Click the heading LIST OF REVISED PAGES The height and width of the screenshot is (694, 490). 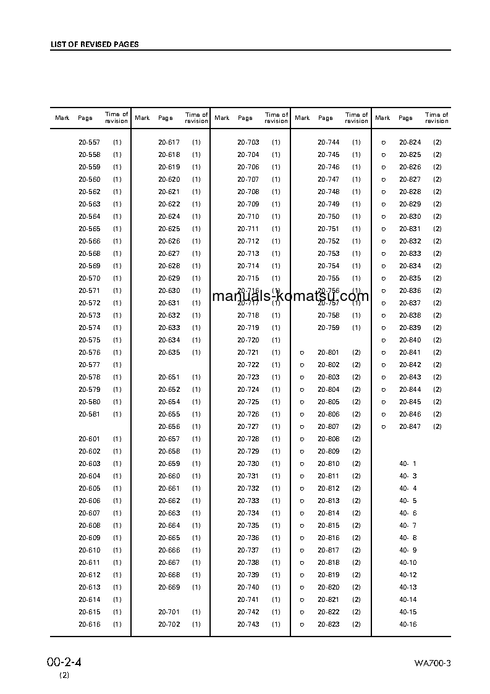point(95,44)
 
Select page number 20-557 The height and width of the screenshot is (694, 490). point(89,142)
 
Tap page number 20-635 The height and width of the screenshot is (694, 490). point(169,352)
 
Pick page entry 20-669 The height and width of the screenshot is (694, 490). point(169,587)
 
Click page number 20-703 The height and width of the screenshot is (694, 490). point(248,142)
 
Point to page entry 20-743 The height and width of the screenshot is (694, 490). point(248,624)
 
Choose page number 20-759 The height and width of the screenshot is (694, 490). point(329,328)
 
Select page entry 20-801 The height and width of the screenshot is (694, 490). point(329,352)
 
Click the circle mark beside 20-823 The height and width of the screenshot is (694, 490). point(302,624)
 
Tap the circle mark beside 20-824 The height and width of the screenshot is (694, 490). point(383,142)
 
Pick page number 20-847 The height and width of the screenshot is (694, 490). point(410,426)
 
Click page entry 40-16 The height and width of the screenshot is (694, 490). point(408,624)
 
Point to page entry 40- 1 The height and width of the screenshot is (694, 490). point(408,463)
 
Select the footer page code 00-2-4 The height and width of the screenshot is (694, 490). point(64,662)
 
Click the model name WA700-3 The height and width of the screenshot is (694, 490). point(433,664)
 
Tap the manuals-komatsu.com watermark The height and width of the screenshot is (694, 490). point(290,296)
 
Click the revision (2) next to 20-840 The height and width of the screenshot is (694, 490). point(437,340)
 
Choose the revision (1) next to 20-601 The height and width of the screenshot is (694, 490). point(117,439)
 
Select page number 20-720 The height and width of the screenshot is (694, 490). point(248,340)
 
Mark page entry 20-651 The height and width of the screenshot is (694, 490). point(169,377)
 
